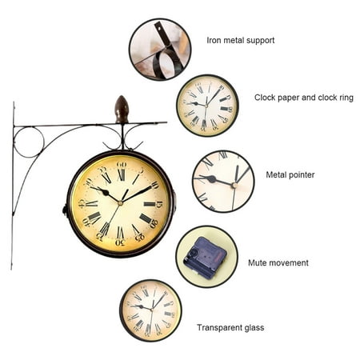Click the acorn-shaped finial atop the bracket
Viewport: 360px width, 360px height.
(x=122, y=110)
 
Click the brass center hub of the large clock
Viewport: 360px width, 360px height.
(x=120, y=203)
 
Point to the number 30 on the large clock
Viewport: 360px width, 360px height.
(x=120, y=242)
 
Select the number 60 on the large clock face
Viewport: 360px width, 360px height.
(x=122, y=164)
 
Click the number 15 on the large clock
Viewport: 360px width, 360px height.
(x=159, y=205)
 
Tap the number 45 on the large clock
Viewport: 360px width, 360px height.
(x=82, y=203)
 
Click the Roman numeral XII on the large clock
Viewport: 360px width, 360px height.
(x=122, y=175)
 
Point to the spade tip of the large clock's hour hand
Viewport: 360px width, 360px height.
(x=105, y=192)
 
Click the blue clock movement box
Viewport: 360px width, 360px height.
(x=205, y=258)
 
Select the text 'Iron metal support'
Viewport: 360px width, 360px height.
(x=241, y=40)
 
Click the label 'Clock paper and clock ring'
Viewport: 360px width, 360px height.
(x=304, y=98)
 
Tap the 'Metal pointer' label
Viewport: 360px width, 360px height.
(x=290, y=174)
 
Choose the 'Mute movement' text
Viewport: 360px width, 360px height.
(x=278, y=262)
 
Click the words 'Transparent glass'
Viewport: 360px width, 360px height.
(x=230, y=327)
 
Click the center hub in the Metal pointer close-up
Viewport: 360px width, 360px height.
(x=234, y=186)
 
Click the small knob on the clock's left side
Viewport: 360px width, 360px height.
(x=65, y=210)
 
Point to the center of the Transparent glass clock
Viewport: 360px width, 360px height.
(x=151, y=310)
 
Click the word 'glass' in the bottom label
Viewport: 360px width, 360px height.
(x=254, y=328)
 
